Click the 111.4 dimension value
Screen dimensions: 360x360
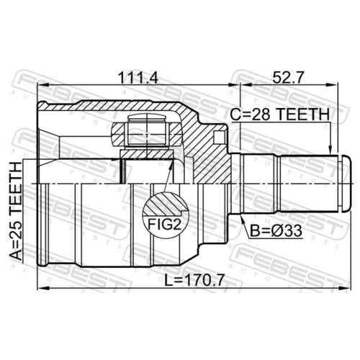point(139,78)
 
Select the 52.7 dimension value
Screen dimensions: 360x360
point(288,78)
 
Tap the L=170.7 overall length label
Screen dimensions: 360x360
point(194,280)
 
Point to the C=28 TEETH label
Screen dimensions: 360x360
point(280,114)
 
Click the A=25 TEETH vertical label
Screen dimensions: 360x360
point(17,211)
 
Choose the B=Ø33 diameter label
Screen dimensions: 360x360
point(276,231)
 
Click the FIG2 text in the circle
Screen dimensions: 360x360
point(164,225)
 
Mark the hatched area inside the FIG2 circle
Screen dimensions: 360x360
point(165,204)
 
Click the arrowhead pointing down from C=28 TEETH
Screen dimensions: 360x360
point(330,149)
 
